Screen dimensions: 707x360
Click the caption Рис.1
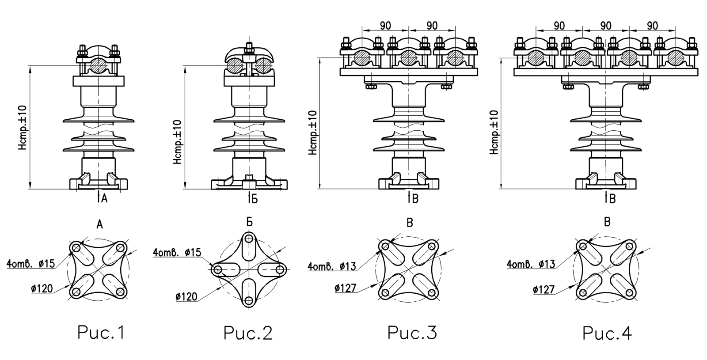(x=101, y=333)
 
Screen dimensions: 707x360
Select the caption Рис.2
(x=248, y=333)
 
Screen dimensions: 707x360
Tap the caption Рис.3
(x=412, y=333)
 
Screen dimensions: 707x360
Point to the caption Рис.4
(x=607, y=333)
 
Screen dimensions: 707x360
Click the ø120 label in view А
(x=42, y=288)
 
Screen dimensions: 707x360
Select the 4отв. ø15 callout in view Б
(x=177, y=252)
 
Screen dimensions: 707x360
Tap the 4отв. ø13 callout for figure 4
(x=531, y=264)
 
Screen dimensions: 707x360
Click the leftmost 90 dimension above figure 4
(x=559, y=26)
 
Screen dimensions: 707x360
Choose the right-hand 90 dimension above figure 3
(x=432, y=26)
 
